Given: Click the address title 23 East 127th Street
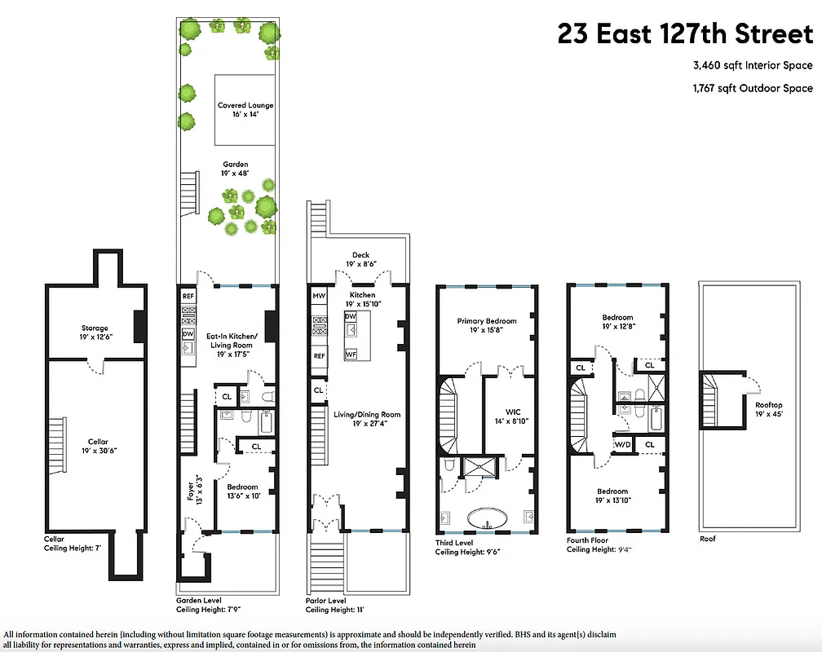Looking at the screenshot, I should point(685,34).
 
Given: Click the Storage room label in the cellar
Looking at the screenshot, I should point(95,333).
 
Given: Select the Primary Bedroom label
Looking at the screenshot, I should point(488,326).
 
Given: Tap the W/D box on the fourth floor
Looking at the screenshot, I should point(622,444).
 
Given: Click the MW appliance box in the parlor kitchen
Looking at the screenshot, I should point(319,295).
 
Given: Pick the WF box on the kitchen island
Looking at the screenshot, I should point(351,355).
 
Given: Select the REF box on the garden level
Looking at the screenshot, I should point(188,296).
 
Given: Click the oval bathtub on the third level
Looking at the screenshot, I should point(488,520).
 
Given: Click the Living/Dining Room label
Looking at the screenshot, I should point(366,419).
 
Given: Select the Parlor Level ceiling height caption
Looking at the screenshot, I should point(334,604).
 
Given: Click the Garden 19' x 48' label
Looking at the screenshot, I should point(236,170).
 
